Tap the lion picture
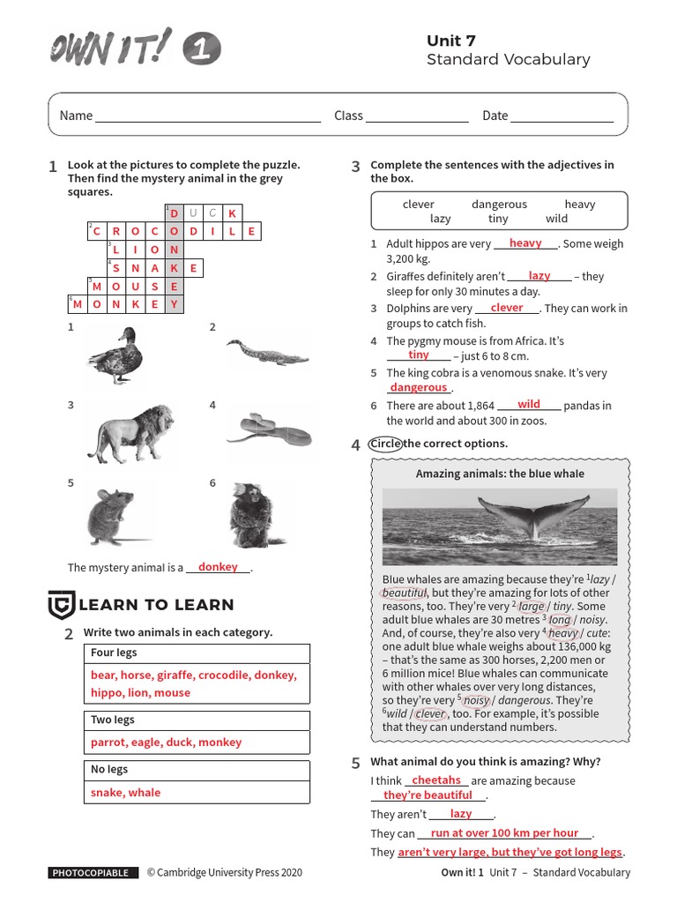coord(130,433)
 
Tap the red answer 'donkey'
coord(218,567)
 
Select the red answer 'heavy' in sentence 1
coord(525,243)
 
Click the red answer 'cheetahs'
coord(436,780)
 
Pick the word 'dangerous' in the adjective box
coord(499,204)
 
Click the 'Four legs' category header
coord(114,653)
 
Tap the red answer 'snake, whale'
coord(126,793)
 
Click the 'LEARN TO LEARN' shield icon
coord(60,605)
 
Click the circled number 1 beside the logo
coord(203,50)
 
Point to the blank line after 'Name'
coord(208,116)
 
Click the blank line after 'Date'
coord(562,116)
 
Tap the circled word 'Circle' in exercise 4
coord(385,444)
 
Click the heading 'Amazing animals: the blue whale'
coord(500,474)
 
